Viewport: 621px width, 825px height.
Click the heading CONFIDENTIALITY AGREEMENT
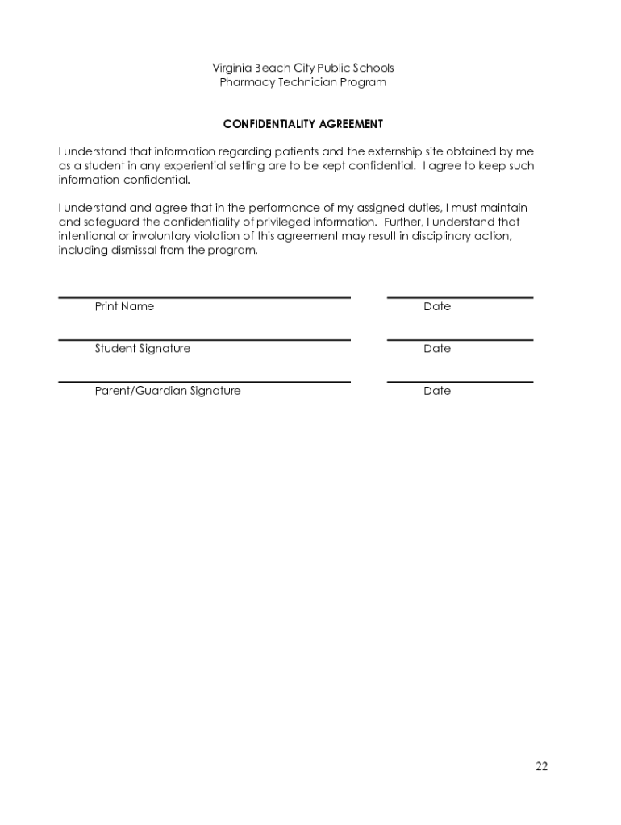[x=303, y=124]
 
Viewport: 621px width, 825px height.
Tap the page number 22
[x=541, y=766]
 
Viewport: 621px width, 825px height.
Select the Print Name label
[x=124, y=306]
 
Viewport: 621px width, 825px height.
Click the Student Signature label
[x=143, y=349]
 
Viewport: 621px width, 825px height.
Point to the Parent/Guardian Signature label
[x=168, y=391]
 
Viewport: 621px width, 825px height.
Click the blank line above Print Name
[x=204, y=297]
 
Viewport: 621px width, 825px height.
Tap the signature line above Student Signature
[x=204, y=340]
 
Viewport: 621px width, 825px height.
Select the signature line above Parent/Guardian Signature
[x=204, y=382]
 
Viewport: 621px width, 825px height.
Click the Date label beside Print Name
[x=437, y=306]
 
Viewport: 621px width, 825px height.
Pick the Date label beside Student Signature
[x=437, y=349]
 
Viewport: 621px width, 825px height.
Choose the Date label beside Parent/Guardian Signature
[x=437, y=391]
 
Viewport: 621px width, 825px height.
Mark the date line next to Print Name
[x=460, y=297]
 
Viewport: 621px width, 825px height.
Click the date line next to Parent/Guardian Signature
[x=460, y=382]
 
